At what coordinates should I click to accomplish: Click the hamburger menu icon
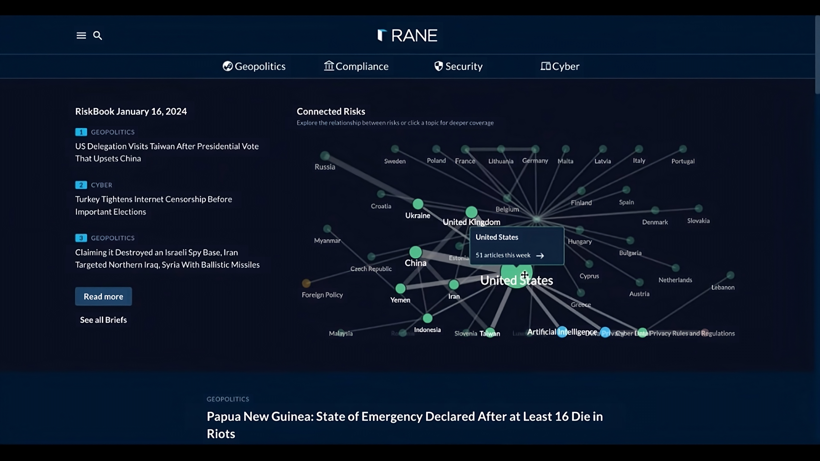coord(81,35)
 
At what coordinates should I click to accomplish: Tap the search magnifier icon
coord(97,35)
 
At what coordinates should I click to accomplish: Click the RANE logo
coord(407,35)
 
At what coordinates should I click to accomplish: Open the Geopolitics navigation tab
coord(254,66)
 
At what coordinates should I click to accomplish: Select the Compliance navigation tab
coord(356,66)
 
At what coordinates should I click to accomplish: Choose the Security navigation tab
coord(458,66)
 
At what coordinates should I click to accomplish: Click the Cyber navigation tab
coord(560,66)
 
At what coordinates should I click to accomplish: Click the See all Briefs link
coord(103,320)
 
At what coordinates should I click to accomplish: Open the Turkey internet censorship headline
coord(153,205)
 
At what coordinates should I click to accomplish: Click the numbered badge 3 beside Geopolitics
coord(81,238)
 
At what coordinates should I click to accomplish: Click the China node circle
coord(415,252)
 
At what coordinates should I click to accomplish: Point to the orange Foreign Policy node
coord(306,283)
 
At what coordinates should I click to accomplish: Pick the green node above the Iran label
coord(454,284)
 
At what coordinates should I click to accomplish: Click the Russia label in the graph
coord(325,167)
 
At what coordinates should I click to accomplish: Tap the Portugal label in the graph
coord(683,161)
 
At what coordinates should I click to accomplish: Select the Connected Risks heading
coord(331,112)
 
